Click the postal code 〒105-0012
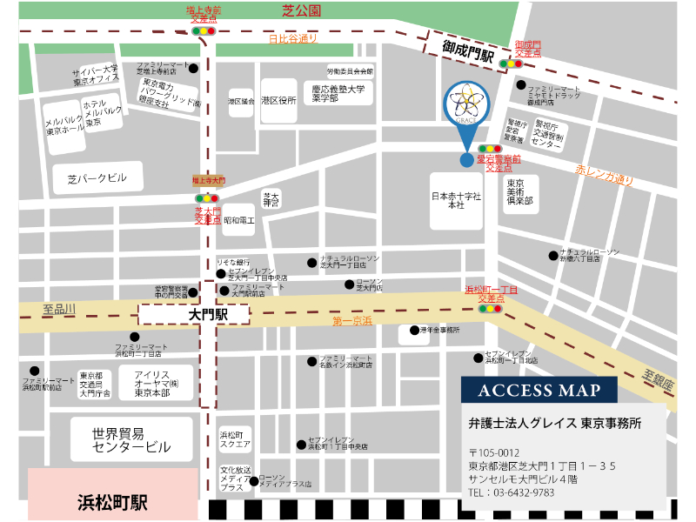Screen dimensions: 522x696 tap(493, 452)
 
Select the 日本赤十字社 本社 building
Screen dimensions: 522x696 tap(457, 202)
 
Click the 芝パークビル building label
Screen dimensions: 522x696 tap(97, 179)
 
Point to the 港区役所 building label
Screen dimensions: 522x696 tap(278, 101)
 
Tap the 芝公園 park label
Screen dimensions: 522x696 tap(302, 10)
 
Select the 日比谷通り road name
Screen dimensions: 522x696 tap(292, 39)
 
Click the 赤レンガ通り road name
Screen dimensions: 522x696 tap(605, 176)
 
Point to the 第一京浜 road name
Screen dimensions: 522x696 tap(352, 321)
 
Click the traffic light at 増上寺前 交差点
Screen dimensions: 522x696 tap(203, 30)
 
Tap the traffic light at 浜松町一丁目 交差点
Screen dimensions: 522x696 tap(492, 308)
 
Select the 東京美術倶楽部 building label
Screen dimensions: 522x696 tap(520, 193)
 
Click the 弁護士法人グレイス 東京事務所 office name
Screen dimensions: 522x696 tap(554, 424)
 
